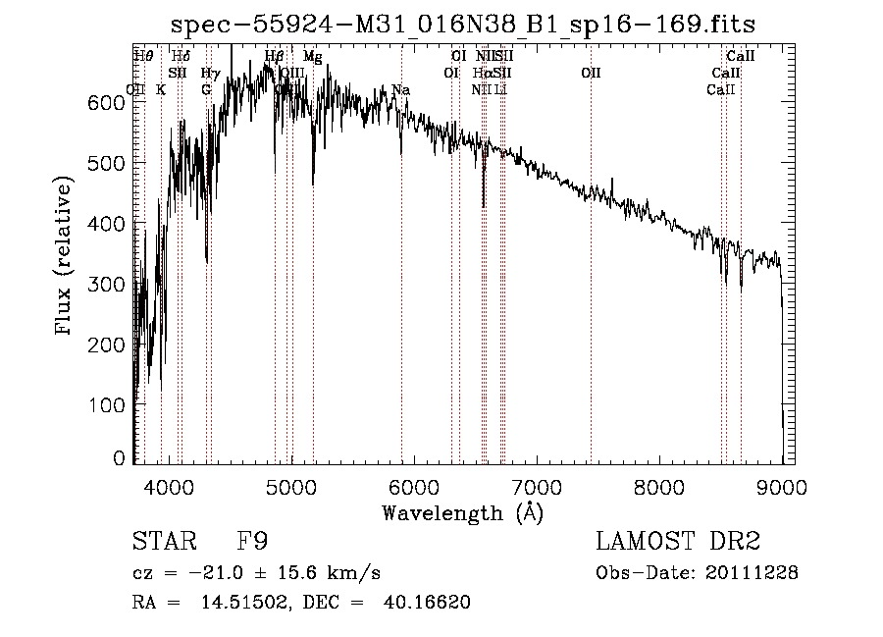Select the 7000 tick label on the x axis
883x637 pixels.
click(537, 486)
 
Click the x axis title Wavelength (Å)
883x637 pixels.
click(462, 512)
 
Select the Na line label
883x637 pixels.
click(400, 90)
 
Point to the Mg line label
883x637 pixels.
click(312, 57)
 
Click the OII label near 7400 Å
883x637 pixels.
click(591, 73)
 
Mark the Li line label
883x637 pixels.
click(500, 89)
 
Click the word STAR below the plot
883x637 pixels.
click(162, 542)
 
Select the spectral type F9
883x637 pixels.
click(253, 542)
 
